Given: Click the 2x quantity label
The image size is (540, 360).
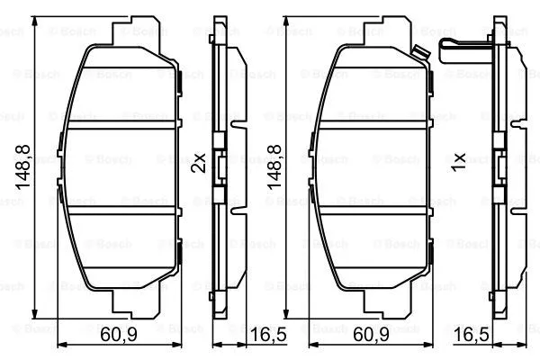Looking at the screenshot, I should (x=200, y=163).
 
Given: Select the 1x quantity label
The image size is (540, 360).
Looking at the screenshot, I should (x=457, y=163).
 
